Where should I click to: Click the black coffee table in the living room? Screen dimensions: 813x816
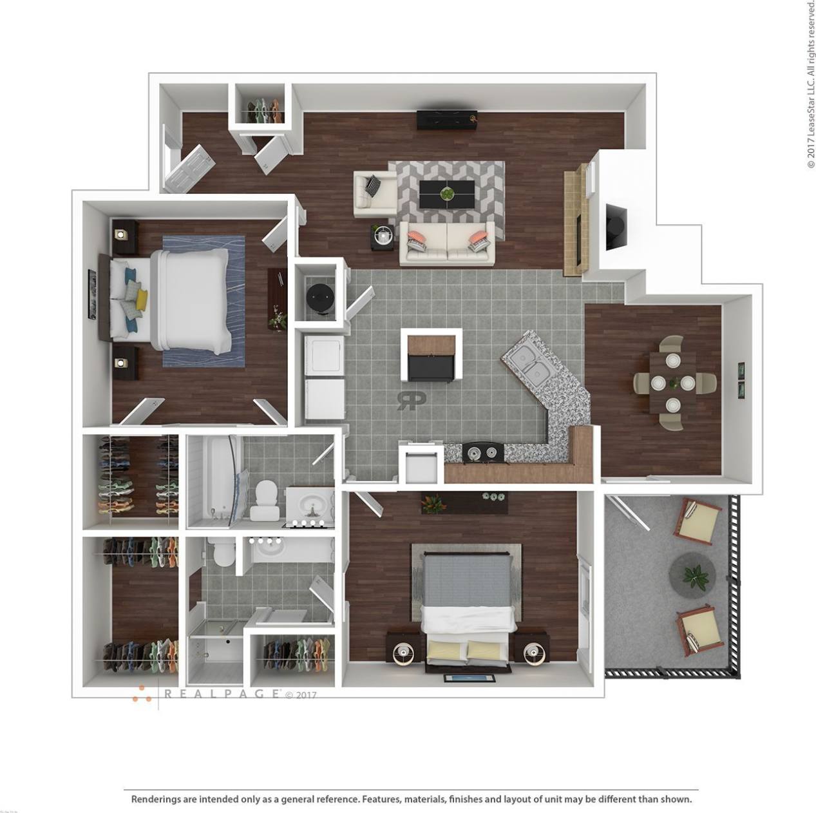[x=446, y=193]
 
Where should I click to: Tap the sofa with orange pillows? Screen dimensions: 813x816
[x=448, y=243]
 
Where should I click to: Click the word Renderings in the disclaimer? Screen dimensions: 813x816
[x=156, y=799]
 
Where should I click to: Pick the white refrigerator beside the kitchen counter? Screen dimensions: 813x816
[x=420, y=463]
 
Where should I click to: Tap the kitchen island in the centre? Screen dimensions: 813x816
[x=432, y=356]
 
